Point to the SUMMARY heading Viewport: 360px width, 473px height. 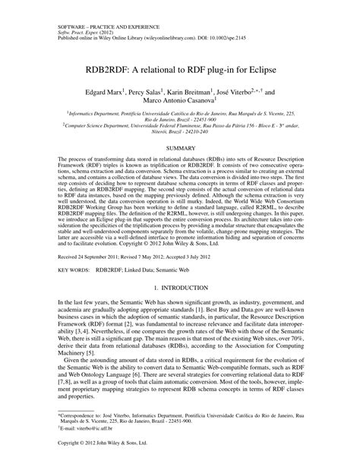pos(180,147)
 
